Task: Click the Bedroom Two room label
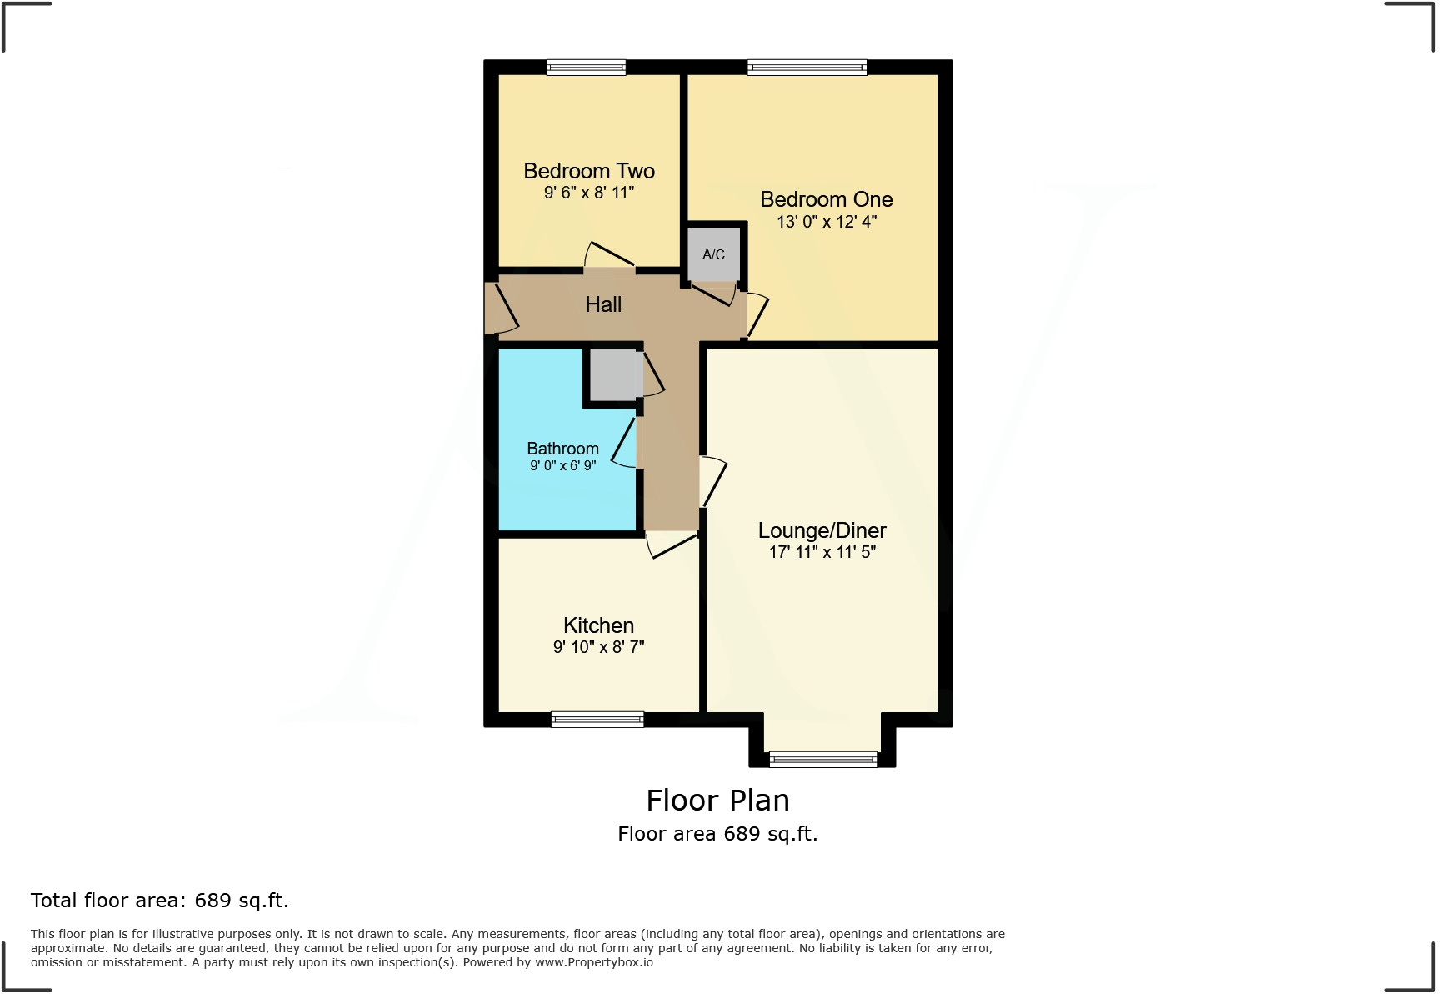pyautogui.click(x=588, y=171)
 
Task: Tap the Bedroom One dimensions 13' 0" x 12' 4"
pyautogui.click(x=826, y=222)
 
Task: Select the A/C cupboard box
pyautogui.click(x=713, y=254)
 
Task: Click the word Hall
pyautogui.click(x=603, y=304)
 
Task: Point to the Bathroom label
pyautogui.click(x=562, y=449)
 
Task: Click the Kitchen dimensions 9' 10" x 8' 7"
pyautogui.click(x=598, y=647)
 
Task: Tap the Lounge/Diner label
pyautogui.click(x=822, y=530)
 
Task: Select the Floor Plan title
pyautogui.click(x=717, y=801)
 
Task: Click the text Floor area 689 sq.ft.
pyautogui.click(x=717, y=834)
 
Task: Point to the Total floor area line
pyautogui.click(x=159, y=901)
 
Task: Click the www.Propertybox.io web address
pyautogui.click(x=593, y=962)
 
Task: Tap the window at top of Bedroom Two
pyautogui.click(x=586, y=68)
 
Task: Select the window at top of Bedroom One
pyautogui.click(x=807, y=68)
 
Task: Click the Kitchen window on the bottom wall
pyautogui.click(x=597, y=719)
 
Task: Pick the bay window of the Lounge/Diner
pyautogui.click(x=822, y=759)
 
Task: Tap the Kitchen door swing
pyautogui.click(x=671, y=545)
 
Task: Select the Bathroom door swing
pyautogui.click(x=625, y=444)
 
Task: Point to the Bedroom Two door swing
pyautogui.click(x=608, y=255)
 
